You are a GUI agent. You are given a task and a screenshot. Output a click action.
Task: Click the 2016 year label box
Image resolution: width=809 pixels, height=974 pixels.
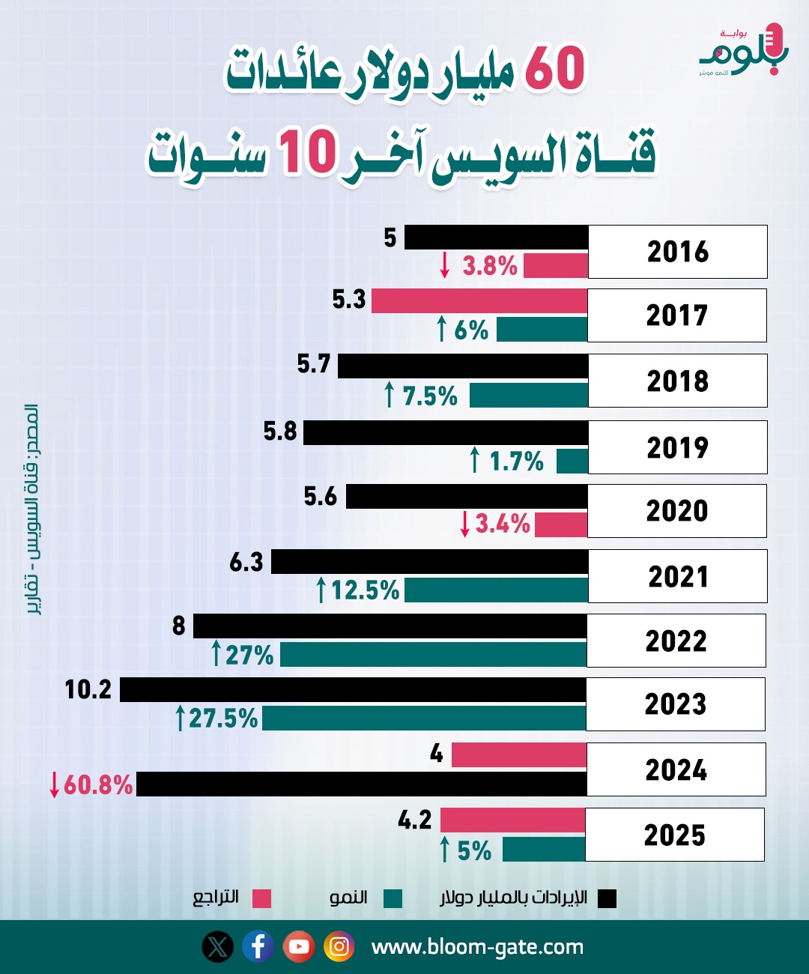pos(677,252)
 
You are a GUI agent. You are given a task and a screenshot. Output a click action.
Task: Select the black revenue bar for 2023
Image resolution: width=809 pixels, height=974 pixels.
pos(353,690)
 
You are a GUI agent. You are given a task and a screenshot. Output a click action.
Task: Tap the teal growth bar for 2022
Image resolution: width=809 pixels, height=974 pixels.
pos(433,655)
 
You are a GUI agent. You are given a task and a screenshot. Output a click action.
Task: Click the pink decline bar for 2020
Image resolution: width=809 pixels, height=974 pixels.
pos(561,524)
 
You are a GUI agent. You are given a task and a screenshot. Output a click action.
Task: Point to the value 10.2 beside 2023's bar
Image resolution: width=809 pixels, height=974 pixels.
pos(88,689)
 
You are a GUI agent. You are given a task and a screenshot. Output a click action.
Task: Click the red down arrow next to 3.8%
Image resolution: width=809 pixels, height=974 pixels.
pos(445,265)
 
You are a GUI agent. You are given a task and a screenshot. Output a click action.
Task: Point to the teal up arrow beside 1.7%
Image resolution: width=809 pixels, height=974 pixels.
pos(474,460)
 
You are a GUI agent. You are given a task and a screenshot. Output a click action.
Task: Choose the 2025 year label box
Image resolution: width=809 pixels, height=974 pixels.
pos(674,835)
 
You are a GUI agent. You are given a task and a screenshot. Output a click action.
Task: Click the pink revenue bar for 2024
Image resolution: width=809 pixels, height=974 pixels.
pos(518,755)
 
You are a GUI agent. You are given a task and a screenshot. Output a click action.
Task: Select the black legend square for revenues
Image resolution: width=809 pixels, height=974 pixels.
pos(607,898)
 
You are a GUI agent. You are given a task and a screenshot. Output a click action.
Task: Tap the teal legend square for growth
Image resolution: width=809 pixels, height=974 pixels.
pos(393,898)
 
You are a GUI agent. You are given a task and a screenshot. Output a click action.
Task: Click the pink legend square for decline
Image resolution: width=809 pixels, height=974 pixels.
pos(261,898)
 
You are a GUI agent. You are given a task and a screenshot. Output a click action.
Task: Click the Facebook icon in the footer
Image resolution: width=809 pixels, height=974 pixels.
pos(258,946)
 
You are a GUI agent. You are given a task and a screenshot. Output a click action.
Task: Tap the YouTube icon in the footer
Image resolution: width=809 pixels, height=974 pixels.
pos(298,946)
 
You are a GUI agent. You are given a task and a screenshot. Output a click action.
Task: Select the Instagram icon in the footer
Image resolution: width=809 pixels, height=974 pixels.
pos(339,946)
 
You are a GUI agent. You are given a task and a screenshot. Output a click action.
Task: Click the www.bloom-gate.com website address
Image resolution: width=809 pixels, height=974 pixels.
pos(477,947)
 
